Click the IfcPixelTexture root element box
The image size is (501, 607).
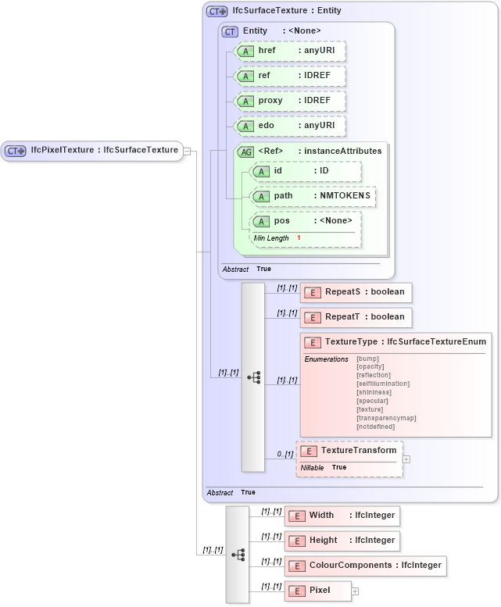(x=92, y=151)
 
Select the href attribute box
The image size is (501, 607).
(x=290, y=51)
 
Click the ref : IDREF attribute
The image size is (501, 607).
(x=290, y=76)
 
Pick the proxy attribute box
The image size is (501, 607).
(x=290, y=101)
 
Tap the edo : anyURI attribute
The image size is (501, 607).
(x=290, y=126)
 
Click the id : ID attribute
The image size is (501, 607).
(x=305, y=170)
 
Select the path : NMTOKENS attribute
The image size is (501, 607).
(x=313, y=195)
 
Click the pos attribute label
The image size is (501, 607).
(x=281, y=221)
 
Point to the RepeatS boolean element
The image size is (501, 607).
(x=356, y=292)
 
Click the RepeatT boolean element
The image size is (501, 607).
(x=356, y=316)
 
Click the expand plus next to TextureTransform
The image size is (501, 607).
(x=406, y=459)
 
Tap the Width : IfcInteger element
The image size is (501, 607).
(x=342, y=516)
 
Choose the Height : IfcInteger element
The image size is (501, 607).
(x=342, y=540)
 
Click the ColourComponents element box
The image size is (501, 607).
(x=366, y=566)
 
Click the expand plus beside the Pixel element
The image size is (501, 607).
(x=356, y=591)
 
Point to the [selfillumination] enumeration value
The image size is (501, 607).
(x=382, y=384)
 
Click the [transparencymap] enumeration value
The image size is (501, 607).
(x=385, y=418)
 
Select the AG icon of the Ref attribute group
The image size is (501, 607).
(x=245, y=152)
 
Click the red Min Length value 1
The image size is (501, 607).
(x=299, y=237)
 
